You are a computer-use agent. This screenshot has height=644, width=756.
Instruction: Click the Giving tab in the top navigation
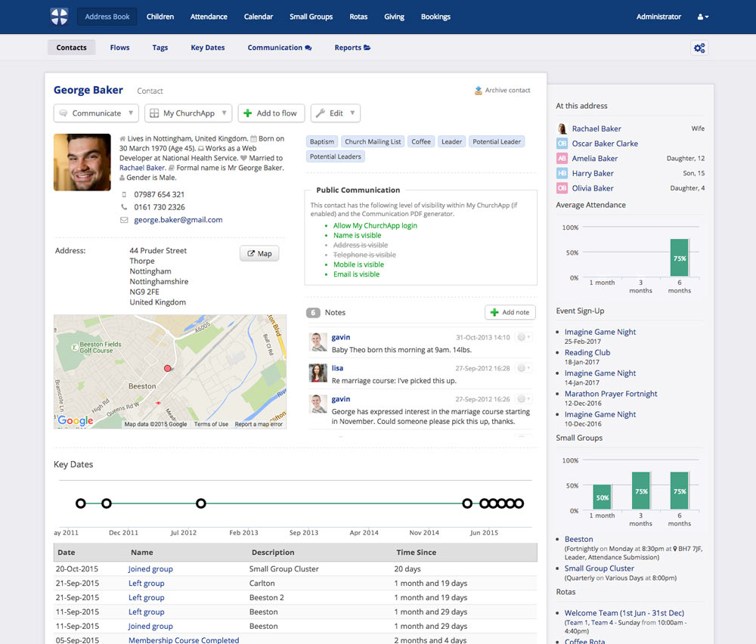tap(394, 17)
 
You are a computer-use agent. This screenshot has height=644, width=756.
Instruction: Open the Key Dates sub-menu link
tap(208, 48)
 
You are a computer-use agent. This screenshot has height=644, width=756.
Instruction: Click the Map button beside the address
tap(259, 253)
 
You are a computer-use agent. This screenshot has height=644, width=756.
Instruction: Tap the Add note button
tap(510, 312)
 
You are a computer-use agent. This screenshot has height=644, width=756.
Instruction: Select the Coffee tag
tap(421, 141)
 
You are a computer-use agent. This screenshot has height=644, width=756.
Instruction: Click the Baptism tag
tap(322, 141)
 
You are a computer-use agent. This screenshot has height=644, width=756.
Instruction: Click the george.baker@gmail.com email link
tap(178, 220)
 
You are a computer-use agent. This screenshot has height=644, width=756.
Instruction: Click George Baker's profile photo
tap(82, 162)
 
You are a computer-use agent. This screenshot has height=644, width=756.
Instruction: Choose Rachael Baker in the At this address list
tap(596, 128)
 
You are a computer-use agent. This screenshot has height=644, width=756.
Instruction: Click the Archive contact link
tap(503, 91)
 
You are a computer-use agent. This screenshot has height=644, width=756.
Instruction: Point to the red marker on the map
tap(167, 368)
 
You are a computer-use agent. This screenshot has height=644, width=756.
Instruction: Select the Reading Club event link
tap(587, 352)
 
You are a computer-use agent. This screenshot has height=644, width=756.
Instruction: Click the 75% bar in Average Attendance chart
tap(679, 259)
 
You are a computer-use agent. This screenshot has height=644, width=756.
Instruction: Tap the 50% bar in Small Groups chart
tap(602, 497)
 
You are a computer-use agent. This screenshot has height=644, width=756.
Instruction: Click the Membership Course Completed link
tap(184, 640)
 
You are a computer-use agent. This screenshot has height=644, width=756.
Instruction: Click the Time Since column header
tap(416, 553)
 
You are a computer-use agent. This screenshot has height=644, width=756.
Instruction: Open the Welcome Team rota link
tap(624, 613)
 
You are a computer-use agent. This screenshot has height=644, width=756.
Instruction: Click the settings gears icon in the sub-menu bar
tap(699, 48)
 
